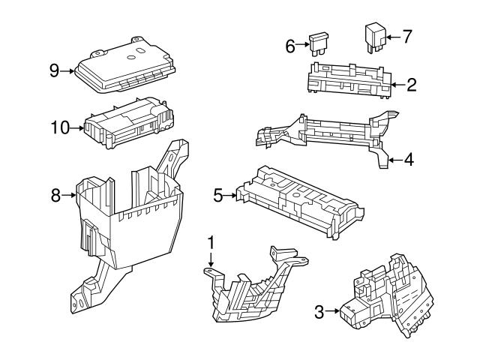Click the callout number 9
(54, 70)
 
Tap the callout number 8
(55, 196)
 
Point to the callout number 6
(289, 46)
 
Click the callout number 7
(407, 35)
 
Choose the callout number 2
(410, 84)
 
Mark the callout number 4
(409, 159)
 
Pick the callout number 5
(218, 196)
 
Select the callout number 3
(319, 311)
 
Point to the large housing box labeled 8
(131, 217)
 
